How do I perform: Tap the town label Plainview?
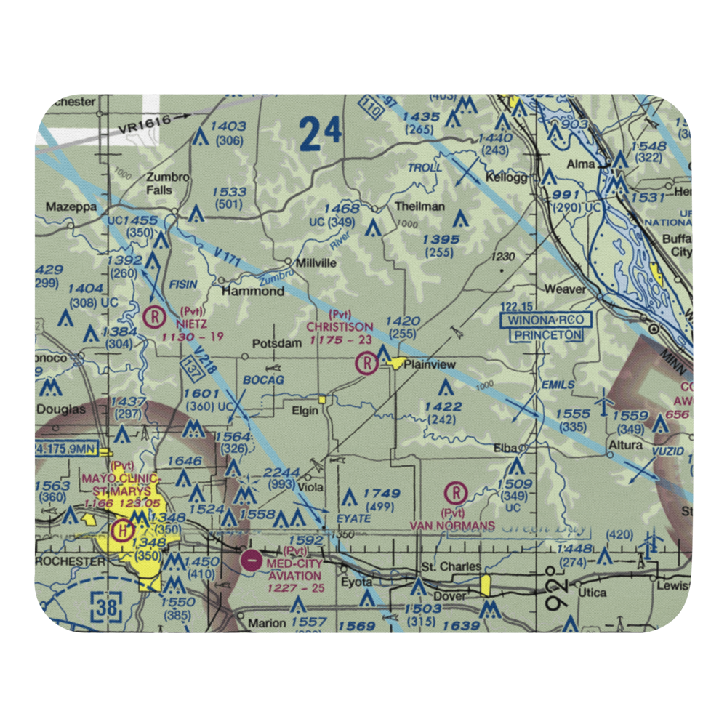[x=429, y=364]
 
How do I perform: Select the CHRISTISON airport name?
[x=340, y=327]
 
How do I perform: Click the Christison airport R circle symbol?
[x=366, y=362]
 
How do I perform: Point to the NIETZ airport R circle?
[x=155, y=317]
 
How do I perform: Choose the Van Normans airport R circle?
[x=457, y=494]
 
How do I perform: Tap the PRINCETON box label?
[x=547, y=335]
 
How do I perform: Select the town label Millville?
[x=316, y=263]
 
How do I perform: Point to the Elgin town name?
[x=305, y=411]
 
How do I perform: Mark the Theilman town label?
[x=419, y=206]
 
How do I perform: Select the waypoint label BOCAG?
[x=264, y=380]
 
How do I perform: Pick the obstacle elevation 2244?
[x=279, y=473]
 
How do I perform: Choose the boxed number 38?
[x=106, y=606]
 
